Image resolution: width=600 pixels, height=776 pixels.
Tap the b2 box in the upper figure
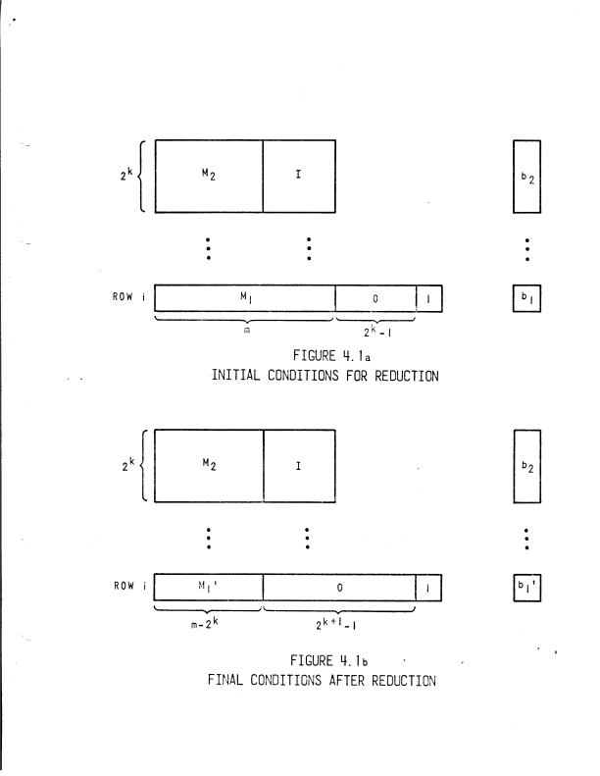click(527, 177)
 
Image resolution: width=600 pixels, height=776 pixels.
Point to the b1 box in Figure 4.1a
click(527, 298)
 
